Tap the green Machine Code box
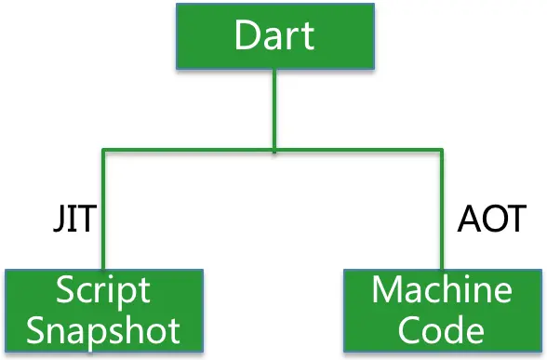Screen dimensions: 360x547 [x=442, y=311]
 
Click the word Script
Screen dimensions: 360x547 [x=102, y=290]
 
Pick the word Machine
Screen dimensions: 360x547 [x=442, y=290]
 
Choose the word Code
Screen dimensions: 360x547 [x=442, y=329]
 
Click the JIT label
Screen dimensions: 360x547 [x=73, y=220]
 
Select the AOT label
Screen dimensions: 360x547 [x=492, y=220]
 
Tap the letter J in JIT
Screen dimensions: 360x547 [x=56, y=221]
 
